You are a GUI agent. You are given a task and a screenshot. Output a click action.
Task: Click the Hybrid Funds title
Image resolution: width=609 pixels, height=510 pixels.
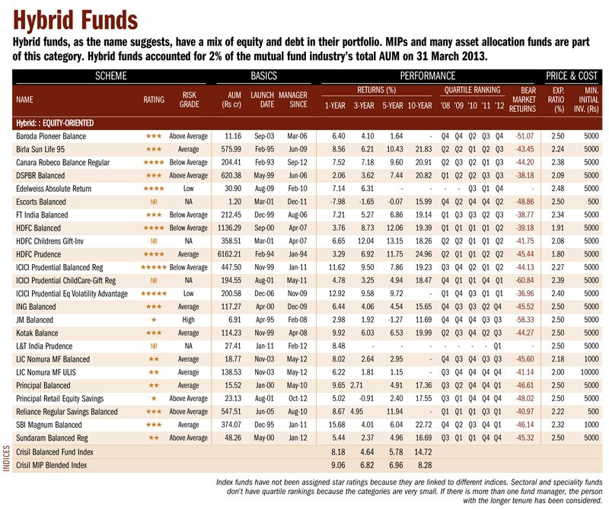pos(75,21)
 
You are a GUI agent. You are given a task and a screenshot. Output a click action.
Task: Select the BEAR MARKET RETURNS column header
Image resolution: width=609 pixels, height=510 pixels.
pos(522,100)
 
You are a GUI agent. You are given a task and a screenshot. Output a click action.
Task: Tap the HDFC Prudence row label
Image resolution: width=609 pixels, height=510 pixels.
pos(39,254)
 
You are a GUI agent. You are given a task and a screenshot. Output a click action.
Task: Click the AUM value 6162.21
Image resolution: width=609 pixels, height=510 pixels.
pos(229,254)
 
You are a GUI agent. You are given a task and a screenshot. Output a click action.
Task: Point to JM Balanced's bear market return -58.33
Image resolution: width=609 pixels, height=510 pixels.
pos(525,320)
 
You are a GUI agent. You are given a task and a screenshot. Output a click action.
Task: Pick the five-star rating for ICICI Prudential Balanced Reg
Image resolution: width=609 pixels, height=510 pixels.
pos(154,268)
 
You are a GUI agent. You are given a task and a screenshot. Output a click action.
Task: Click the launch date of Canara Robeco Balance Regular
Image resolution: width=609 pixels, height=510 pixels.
pos(264,162)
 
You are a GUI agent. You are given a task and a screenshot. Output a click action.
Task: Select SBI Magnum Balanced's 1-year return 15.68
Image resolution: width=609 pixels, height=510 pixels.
pos(336,425)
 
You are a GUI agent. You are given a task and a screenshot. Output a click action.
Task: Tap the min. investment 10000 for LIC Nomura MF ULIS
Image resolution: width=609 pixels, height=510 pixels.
pos(589,372)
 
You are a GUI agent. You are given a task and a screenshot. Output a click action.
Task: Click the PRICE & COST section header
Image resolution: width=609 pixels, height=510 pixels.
pos(572,76)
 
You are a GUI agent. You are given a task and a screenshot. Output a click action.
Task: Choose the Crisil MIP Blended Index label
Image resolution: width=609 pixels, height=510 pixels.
pos(51,465)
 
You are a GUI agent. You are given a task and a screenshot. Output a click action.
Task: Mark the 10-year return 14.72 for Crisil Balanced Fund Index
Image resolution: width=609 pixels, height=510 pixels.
pos(423,452)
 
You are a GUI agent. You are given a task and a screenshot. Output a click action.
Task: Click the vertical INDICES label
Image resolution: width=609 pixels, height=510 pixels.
pos(6,459)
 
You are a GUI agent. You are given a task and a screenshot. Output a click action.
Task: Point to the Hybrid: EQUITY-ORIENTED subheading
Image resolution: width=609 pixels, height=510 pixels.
pos(55,123)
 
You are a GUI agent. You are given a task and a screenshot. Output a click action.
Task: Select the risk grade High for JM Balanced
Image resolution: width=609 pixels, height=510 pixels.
pos(188,320)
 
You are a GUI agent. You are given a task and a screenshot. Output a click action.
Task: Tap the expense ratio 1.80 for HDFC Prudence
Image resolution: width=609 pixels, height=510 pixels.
pos(558,254)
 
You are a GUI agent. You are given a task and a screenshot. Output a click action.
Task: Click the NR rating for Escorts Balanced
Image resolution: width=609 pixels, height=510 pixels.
pos(154,202)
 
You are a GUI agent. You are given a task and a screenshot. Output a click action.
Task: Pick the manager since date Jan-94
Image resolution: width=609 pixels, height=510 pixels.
pos(298,254)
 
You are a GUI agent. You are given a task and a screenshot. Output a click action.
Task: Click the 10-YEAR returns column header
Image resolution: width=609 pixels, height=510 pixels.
pos(420,106)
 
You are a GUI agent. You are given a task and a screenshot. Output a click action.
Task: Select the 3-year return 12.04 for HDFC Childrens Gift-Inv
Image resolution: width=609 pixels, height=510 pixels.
pos(365,241)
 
